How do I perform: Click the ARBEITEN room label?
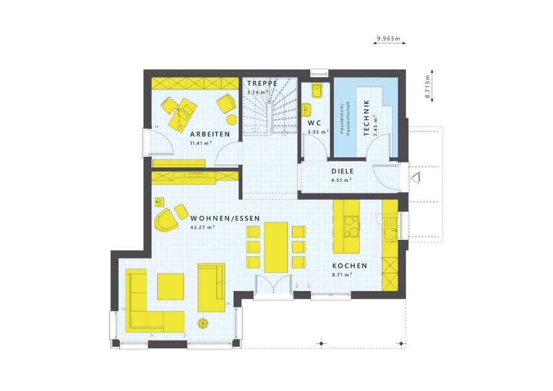click(210, 134)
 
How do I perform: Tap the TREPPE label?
click(262, 83)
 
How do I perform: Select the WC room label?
click(315, 123)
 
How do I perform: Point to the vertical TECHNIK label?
click(367, 118)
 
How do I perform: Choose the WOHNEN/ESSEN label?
click(225, 218)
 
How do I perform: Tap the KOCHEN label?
click(349, 266)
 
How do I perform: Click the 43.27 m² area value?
click(203, 227)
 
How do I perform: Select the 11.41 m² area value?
click(200, 143)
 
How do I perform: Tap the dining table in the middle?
click(275, 247)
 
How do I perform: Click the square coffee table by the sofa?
click(171, 286)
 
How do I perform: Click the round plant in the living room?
click(203, 323)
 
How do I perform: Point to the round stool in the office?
click(232, 119)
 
